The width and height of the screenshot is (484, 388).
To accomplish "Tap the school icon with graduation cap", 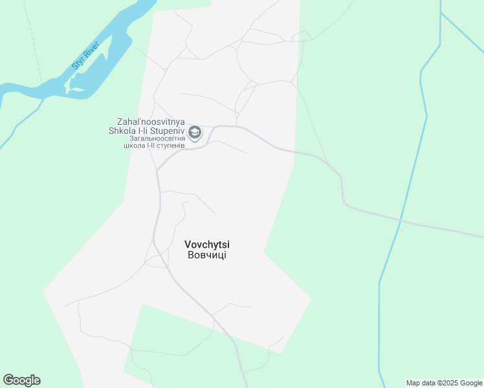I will tap(195, 133).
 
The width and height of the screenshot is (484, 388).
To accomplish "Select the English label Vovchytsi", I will tap(207, 244).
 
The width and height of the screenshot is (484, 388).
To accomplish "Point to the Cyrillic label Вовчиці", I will tap(207, 255).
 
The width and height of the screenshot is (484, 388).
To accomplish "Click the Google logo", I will tap(21, 380).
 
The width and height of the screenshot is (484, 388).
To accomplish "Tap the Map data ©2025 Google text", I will tap(445, 383).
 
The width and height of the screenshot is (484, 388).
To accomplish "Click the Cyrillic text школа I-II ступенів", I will tap(154, 145).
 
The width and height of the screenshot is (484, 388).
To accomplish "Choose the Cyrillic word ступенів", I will tap(170, 145).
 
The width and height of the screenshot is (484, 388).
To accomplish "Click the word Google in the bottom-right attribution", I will tap(471, 383).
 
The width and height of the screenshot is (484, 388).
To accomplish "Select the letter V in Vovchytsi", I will tap(188, 244).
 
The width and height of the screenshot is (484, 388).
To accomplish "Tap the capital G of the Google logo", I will tap(8, 380).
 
